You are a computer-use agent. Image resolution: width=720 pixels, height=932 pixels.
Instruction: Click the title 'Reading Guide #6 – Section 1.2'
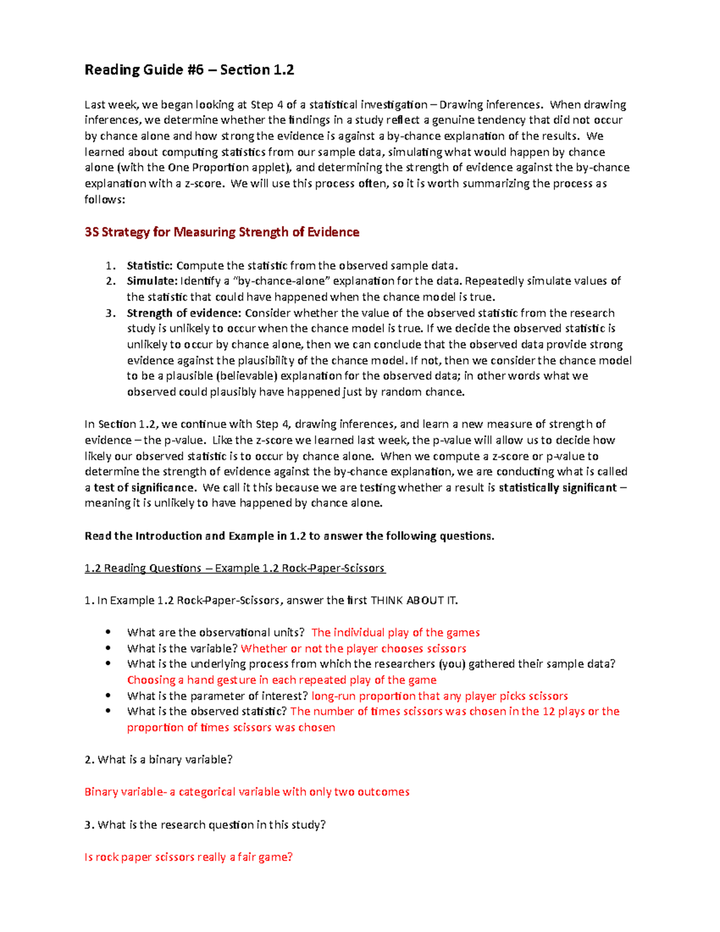click(x=189, y=70)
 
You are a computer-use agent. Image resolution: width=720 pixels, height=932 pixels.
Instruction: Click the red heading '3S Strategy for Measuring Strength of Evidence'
click(x=222, y=232)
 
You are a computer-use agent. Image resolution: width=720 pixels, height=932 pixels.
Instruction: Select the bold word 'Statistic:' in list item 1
click(x=149, y=265)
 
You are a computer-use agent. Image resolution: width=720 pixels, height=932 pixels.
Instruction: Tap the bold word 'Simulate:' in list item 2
click(x=152, y=281)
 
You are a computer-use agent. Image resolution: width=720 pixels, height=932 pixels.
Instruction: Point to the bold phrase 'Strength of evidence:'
click(x=184, y=313)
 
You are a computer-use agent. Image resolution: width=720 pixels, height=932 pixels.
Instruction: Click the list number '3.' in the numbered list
click(x=110, y=313)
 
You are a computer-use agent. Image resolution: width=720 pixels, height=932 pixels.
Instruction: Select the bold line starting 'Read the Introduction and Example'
click(x=289, y=536)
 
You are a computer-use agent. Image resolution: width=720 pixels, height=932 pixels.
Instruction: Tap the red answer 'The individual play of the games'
click(x=395, y=633)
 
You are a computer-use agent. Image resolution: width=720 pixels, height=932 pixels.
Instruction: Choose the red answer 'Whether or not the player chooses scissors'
click(x=353, y=648)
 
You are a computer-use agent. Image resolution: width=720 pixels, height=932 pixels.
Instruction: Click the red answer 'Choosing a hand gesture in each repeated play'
click(x=281, y=680)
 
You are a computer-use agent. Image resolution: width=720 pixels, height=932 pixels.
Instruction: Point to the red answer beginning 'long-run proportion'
click(x=439, y=696)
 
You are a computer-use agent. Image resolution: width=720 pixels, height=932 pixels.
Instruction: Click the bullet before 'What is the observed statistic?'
click(x=109, y=711)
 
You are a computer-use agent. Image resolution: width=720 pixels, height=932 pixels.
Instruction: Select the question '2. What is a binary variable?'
click(x=158, y=759)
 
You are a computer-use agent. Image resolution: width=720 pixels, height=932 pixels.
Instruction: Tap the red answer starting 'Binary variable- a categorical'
click(x=247, y=792)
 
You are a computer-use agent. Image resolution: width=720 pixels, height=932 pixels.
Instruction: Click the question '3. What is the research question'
click(x=205, y=825)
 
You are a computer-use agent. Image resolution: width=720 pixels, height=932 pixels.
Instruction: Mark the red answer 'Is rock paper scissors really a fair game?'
click(x=188, y=857)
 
